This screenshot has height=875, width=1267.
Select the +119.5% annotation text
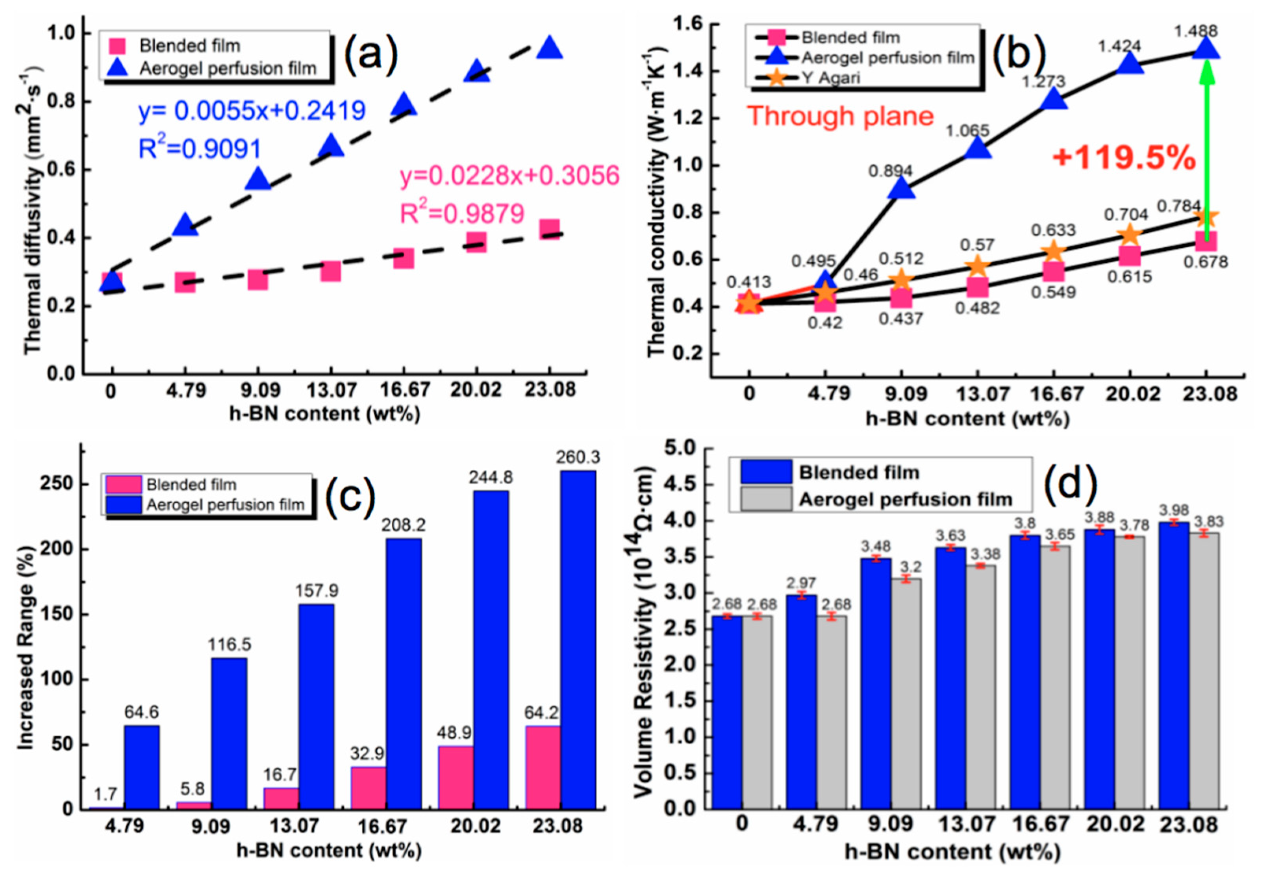point(1123,158)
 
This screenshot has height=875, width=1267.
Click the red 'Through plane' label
point(840,116)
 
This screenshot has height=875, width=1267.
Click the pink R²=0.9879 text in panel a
point(462,214)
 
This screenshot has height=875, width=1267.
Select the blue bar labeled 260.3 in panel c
point(578,639)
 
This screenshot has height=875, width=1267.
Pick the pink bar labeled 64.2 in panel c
point(543,767)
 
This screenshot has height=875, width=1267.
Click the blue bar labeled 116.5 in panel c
point(229,733)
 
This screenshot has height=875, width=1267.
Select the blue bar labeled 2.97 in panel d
point(801,701)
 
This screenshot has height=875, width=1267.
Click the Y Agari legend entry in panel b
point(830,78)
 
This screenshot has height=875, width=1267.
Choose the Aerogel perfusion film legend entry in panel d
point(905,499)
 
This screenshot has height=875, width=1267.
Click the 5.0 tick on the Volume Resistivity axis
point(680,449)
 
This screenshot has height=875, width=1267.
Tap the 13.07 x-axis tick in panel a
point(331,390)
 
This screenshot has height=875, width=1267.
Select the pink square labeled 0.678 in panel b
point(1206,240)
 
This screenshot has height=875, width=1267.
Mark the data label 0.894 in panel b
point(890,171)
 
